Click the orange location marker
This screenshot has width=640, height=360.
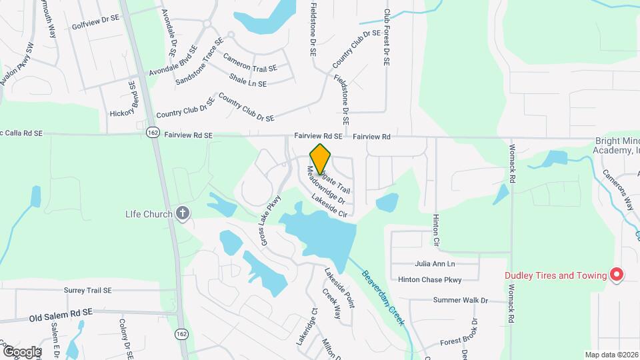(x=321, y=159)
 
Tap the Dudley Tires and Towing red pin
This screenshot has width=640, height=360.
(x=617, y=275)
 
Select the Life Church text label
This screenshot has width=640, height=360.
(x=149, y=214)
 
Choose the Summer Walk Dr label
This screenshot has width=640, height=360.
(x=461, y=301)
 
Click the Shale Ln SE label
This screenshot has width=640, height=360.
(x=248, y=84)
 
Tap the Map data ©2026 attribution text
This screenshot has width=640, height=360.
(x=611, y=355)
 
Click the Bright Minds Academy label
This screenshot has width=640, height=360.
(x=617, y=146)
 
